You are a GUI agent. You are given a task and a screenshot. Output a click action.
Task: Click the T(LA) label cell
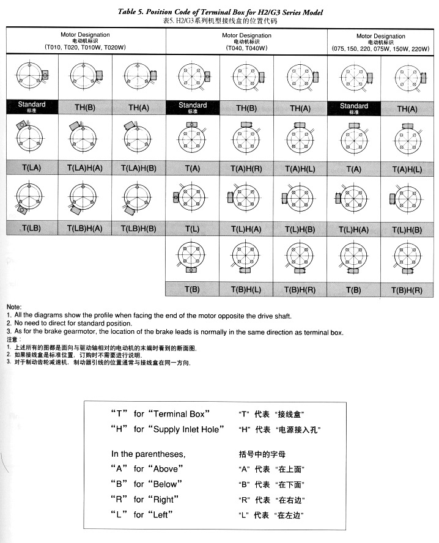[30, 168]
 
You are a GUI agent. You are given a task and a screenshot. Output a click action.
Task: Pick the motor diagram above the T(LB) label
[30, 199]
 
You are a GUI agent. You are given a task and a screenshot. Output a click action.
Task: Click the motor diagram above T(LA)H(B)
[139, 138]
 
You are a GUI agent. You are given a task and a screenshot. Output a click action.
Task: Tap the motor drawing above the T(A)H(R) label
[246, 138]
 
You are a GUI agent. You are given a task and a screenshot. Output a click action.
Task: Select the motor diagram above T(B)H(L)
[246, 257]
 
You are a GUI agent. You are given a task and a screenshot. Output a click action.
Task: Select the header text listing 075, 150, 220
[380, 48]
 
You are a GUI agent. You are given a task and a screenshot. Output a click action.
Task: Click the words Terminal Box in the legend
[183, 413]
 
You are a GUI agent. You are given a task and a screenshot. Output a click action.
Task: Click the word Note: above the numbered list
[14, 306]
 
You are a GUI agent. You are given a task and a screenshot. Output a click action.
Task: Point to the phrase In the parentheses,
[147, 454]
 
